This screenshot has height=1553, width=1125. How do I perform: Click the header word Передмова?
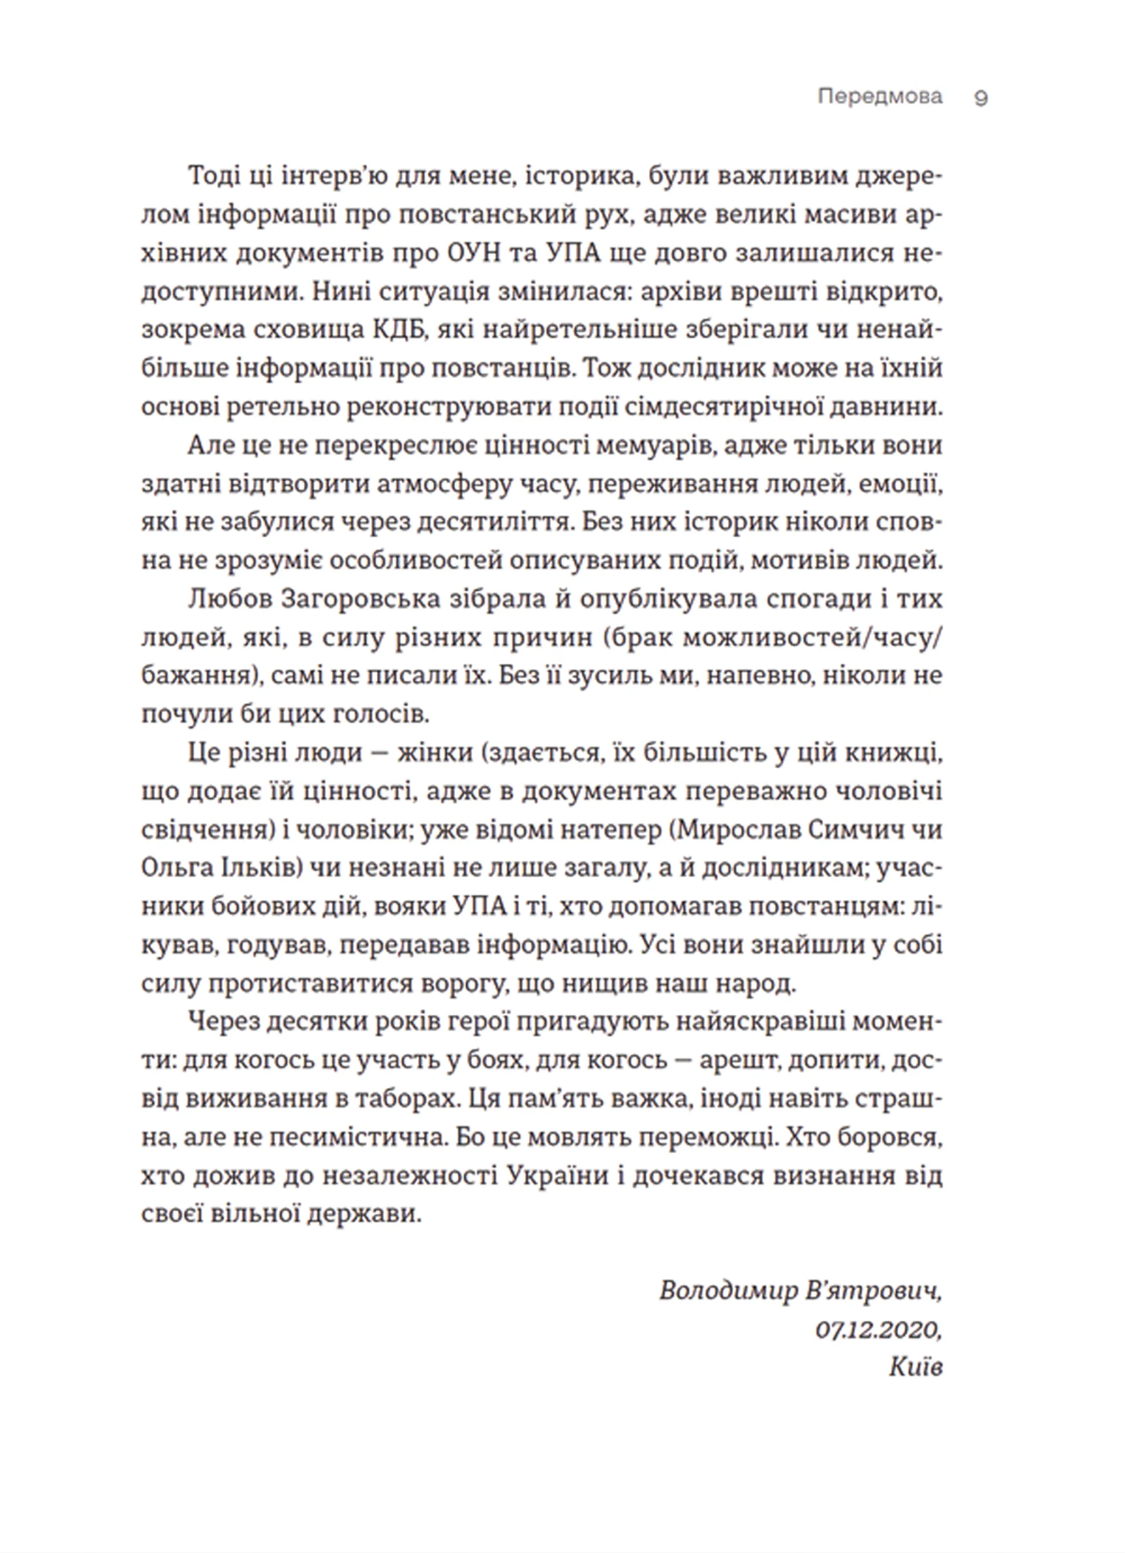click(x=880, y=97)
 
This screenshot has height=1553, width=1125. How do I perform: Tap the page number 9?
click(x=980, y=98)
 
